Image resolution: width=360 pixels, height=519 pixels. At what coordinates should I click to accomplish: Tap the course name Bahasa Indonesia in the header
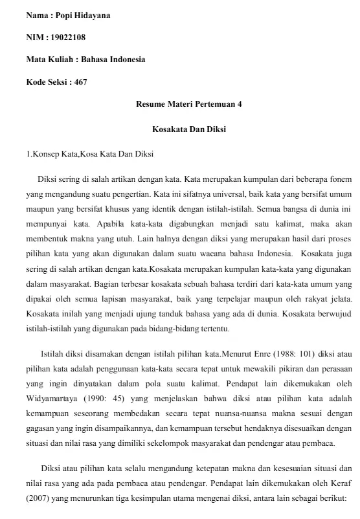click(x=115, y=59)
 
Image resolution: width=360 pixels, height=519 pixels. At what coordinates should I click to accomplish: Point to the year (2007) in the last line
click(x=38, y=499)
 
